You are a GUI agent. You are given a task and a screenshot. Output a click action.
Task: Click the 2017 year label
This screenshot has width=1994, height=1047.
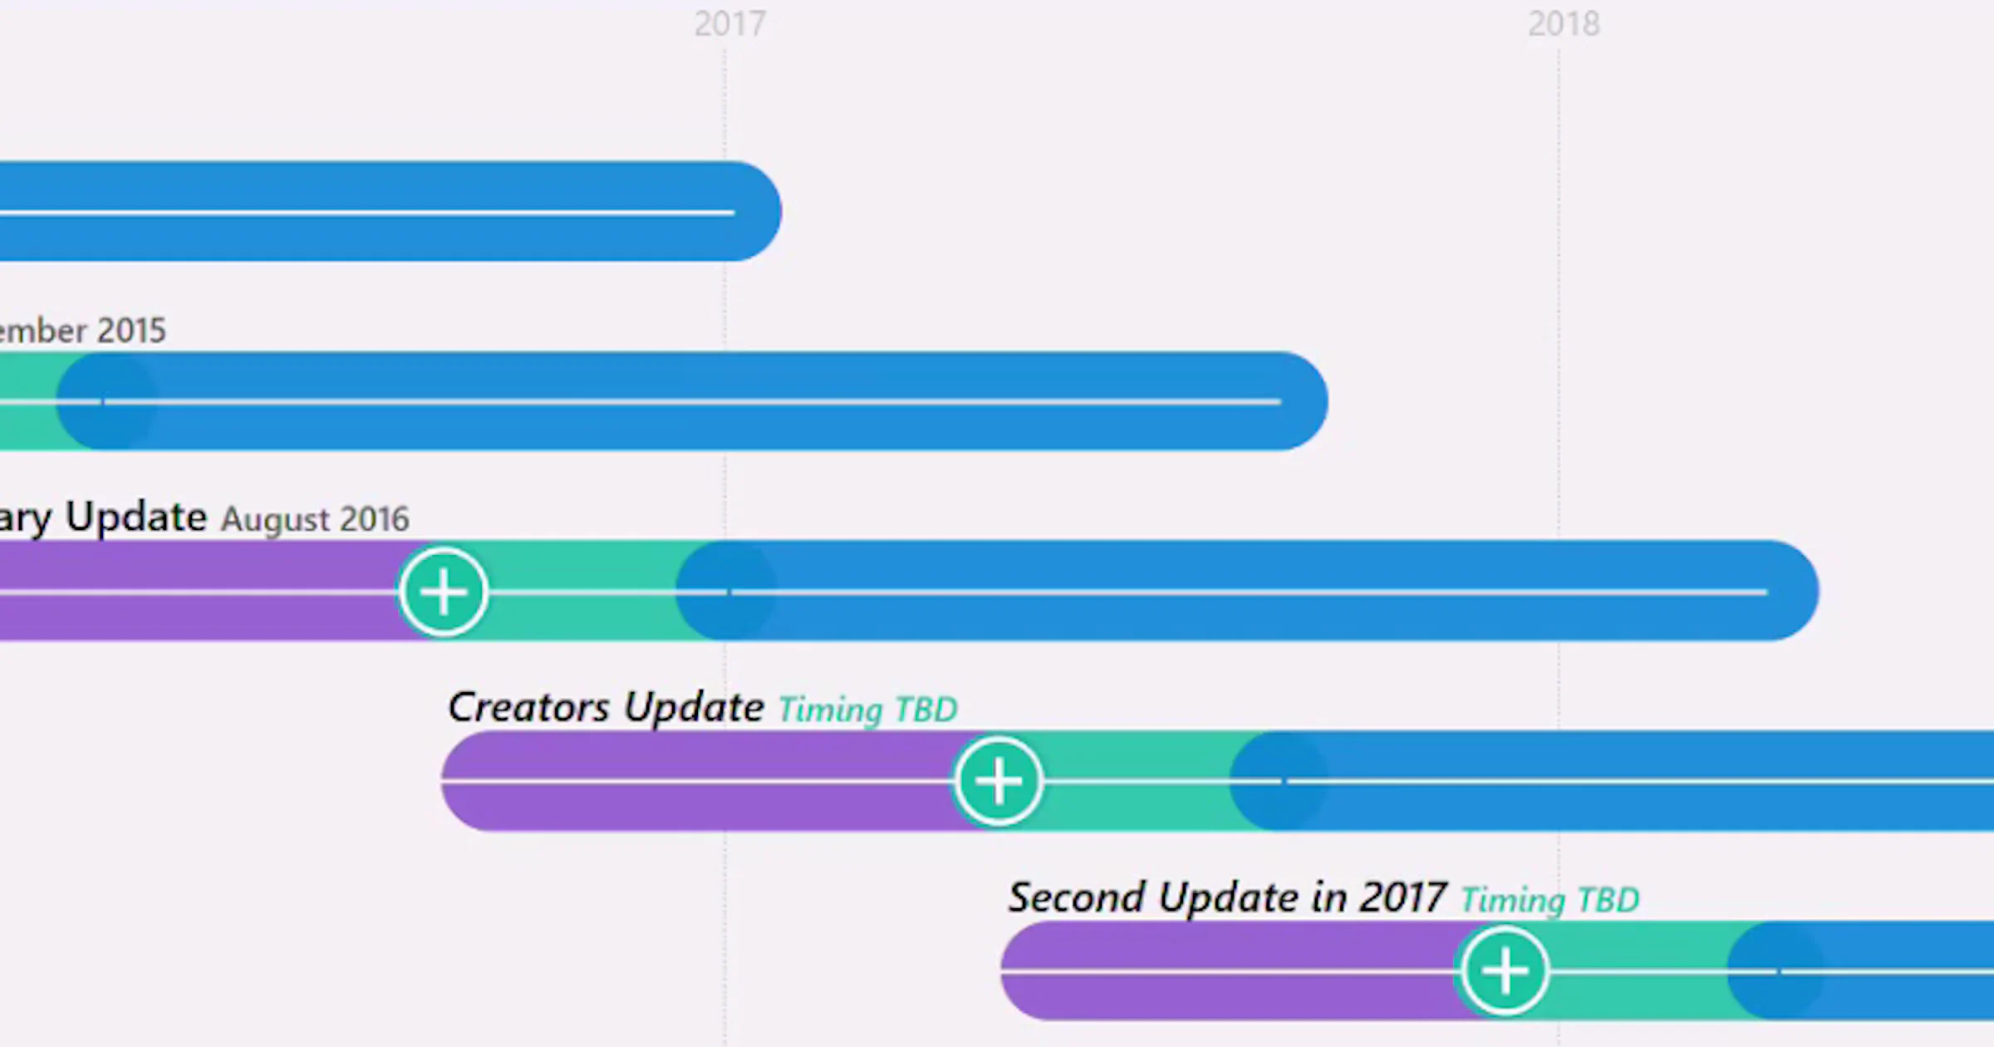point(729,24)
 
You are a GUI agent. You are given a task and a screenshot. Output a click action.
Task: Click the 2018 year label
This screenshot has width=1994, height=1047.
point(1564,24)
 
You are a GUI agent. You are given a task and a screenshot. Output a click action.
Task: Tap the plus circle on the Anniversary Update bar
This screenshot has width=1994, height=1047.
point(444,592)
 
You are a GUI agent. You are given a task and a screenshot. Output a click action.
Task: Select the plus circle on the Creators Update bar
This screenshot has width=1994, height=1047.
point(998,781)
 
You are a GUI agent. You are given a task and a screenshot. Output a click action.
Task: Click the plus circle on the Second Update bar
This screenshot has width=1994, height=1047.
point(1504,971)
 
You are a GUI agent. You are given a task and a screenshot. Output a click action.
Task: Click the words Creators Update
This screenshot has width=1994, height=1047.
point(606,708)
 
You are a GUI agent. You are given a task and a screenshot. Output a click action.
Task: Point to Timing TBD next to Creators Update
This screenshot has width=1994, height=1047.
point(867,710)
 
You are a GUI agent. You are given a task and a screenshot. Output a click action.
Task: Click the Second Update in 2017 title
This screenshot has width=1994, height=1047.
point(1227,898)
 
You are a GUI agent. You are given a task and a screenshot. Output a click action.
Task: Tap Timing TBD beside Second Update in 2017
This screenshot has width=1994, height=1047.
point(1550,901)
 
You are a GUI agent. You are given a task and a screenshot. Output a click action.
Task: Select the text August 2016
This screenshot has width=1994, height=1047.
point(315,520)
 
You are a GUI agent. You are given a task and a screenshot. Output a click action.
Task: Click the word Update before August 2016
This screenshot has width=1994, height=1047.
point(136,518)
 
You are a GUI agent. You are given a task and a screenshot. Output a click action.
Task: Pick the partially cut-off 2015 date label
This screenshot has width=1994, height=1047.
point(83,331)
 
